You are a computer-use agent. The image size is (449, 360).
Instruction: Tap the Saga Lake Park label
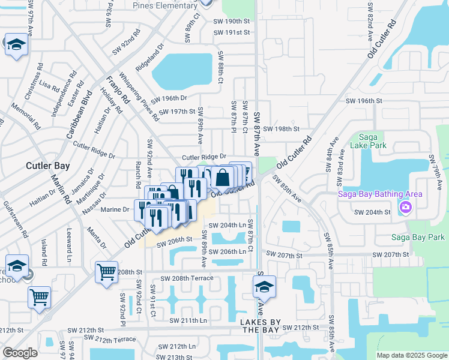point(372,141)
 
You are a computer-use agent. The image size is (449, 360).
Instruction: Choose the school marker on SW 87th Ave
point(264,287)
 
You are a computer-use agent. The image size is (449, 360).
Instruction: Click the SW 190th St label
point(231,20)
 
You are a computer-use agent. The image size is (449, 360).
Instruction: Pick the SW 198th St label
point(280,129)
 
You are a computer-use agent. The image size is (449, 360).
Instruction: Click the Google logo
point(20,353)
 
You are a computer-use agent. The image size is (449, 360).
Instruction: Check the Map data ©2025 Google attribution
point(412,355)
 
